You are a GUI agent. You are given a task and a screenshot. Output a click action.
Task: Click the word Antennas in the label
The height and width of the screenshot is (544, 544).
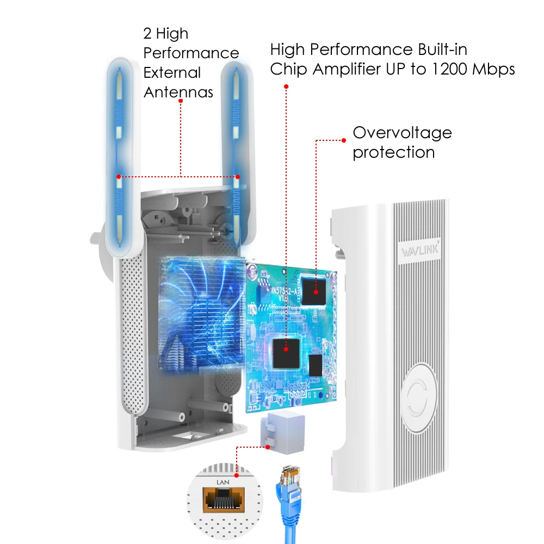click(178, 92)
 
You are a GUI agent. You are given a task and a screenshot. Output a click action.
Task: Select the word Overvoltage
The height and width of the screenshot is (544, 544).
click(402, 133)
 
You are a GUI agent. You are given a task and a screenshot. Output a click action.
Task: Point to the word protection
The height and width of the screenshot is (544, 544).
click(393, 152)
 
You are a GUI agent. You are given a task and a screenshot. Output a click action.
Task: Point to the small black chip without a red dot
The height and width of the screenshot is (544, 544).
click(316, 366)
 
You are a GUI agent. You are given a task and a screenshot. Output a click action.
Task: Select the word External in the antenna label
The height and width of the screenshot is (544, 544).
click(172, 72)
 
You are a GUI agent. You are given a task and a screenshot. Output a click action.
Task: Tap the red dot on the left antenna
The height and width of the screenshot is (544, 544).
click(118, 177)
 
